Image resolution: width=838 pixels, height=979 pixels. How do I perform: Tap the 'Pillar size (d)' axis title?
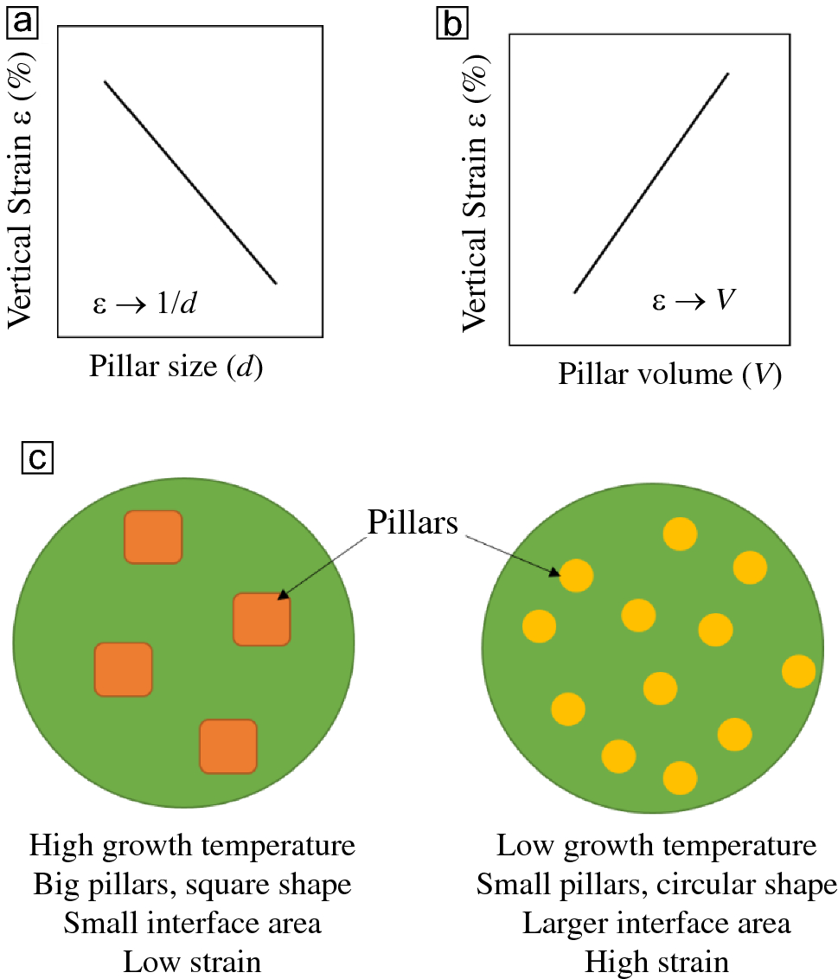[176, 368]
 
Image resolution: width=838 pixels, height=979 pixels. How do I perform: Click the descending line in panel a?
[190, 182]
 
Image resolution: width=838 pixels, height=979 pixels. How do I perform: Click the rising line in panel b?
[651, 183]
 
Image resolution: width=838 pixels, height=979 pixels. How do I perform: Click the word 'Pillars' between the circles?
[413, 522]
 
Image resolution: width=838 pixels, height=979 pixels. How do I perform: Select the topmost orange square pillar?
[153, 536]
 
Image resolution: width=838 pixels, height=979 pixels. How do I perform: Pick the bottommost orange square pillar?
[228, 745]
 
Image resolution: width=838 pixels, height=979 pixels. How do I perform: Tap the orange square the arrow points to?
[261, 619]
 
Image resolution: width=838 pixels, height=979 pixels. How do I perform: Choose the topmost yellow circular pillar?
[680, 534]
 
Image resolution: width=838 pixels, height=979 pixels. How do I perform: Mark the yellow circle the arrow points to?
[576, 574]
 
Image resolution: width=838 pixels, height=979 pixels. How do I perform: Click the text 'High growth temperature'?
[192, 845]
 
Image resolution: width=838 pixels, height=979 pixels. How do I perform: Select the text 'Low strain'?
[192, 961]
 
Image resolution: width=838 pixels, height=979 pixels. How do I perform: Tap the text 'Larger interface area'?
[656, 923]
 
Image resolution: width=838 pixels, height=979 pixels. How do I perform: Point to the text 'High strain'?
[656, 961]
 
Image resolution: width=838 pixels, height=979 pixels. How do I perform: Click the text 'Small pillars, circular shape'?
[656, 884]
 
